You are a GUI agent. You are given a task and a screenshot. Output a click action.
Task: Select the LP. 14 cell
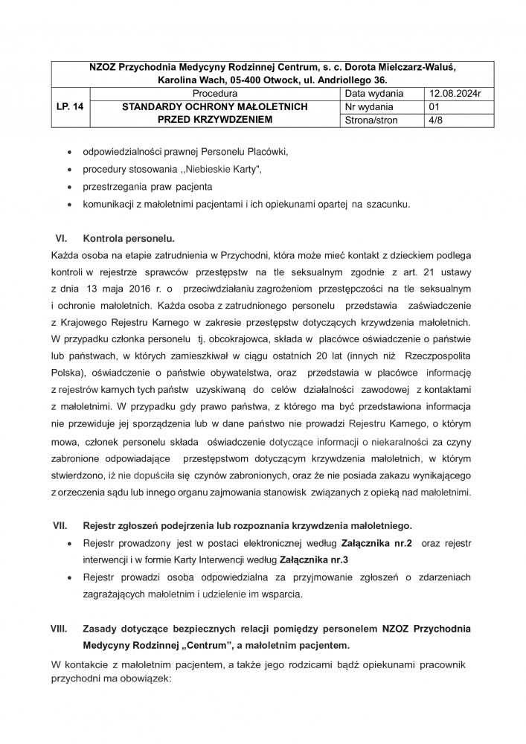pyautogui.click(x=68, y=107)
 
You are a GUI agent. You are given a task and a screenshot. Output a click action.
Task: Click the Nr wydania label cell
pyautogui.click(x=371, y=107)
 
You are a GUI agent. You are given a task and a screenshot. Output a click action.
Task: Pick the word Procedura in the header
pyautogui.click(x=214, y=94)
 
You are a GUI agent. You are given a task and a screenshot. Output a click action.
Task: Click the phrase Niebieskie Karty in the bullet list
pyautogui.click(x=221, y=169)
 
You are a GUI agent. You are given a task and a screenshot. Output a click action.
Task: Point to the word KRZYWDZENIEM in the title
pyautogui.click(x=234, y=120)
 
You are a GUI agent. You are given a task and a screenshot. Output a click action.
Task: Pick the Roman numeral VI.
pyautogui.click(x=62, y=239)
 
